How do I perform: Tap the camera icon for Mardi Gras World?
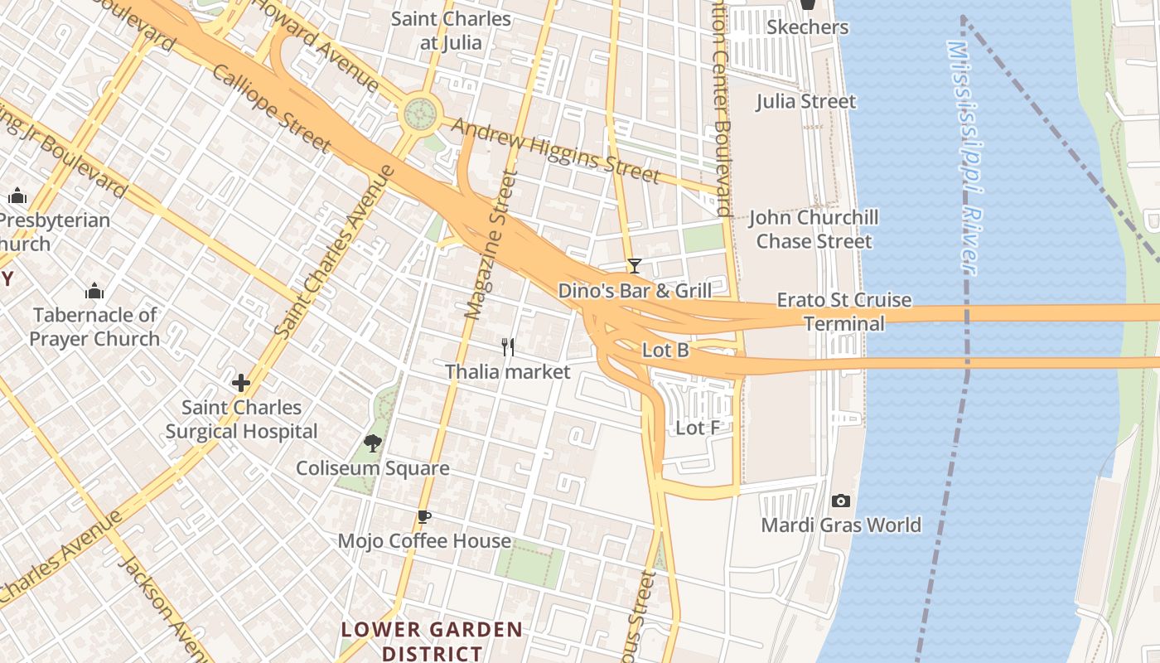pos(841,501)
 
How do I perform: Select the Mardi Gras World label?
pos(841,525)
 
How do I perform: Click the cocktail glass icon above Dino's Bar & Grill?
pos(635,266)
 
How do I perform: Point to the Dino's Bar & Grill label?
pos(635,290)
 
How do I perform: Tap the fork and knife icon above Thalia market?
pos(508,346)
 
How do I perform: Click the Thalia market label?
pos(508,371)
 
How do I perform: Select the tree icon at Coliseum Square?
pos(373,443)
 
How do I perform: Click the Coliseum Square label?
pos(373,468)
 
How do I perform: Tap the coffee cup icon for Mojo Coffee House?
pos(424,517)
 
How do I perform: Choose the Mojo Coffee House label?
pos(424,541)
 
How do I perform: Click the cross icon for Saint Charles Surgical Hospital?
pos(241,383)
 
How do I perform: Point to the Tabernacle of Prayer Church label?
pos(94,327)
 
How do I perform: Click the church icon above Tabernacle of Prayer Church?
pos(94,291)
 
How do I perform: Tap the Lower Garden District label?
pos(432,641)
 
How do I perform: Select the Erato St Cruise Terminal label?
pos(843,312)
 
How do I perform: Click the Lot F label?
pos(698,428)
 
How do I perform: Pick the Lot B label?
pos(665,351)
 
